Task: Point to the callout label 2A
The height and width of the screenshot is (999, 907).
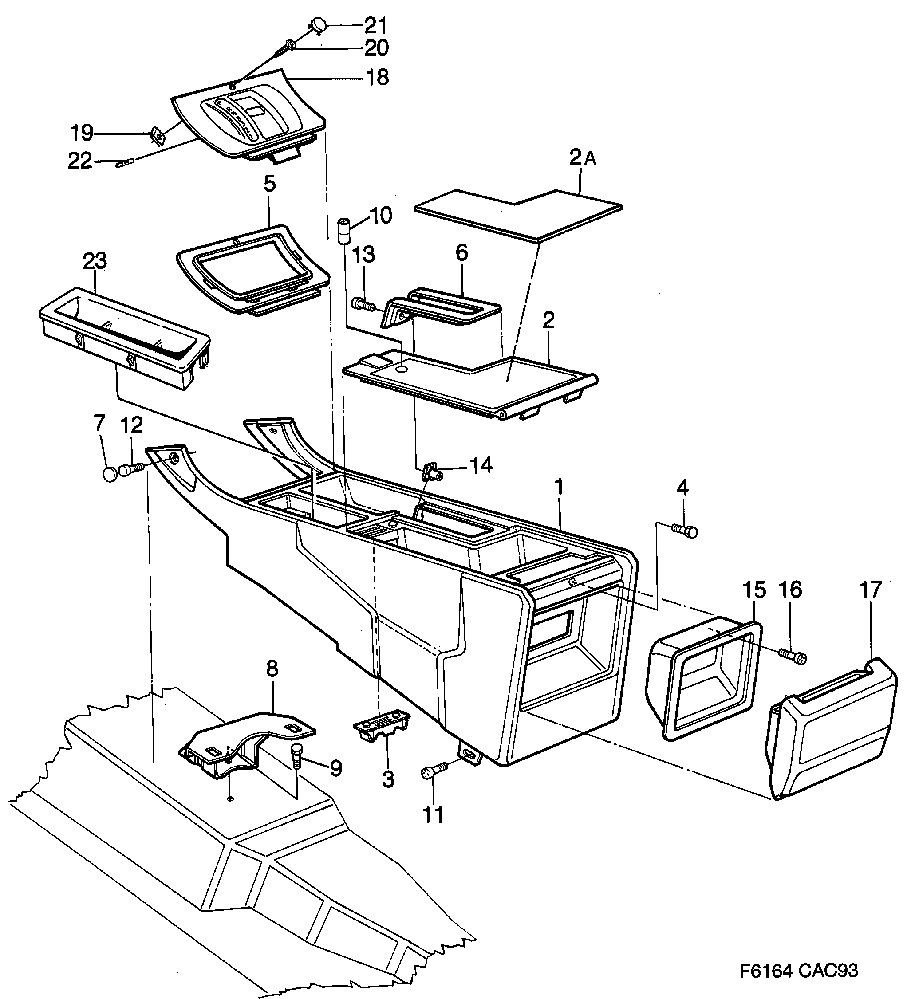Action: coord(582,158)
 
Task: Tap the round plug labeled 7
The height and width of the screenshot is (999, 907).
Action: coord(109,474)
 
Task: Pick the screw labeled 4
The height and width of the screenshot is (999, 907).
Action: coord(686,531)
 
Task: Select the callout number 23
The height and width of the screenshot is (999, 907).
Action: coord(95,261)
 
